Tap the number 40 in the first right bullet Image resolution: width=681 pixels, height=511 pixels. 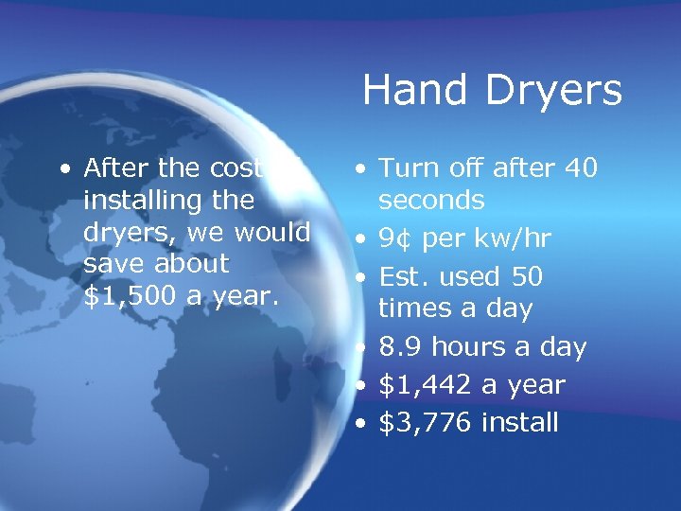pos(580,168)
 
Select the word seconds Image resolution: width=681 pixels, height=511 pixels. pos(431,201)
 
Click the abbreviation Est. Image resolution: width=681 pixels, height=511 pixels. pos(405,276)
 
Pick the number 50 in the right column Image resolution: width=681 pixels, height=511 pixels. pos(526,276)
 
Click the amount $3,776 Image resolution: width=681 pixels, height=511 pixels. pos(425,422)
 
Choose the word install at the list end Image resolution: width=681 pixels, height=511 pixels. pos(519,422)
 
